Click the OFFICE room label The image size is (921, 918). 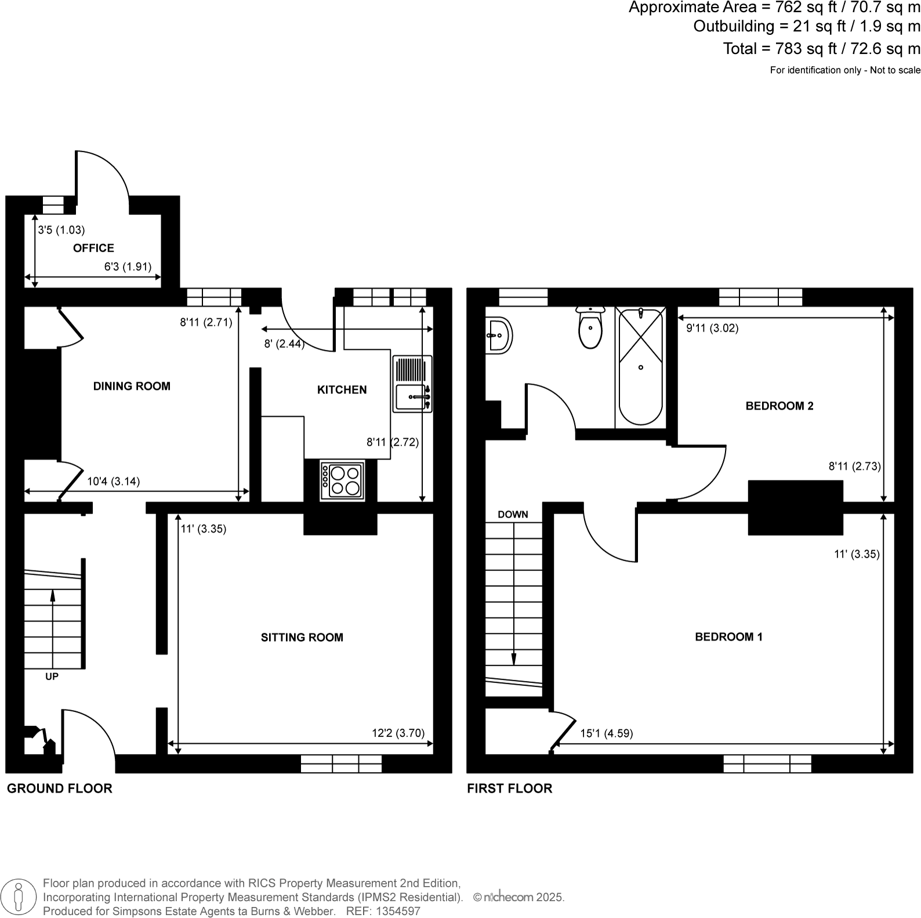(93, 248)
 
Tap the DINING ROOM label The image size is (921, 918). (132, 386)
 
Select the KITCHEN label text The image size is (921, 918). (342, 390)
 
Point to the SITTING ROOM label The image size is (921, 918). (302, 638)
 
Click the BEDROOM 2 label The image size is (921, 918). (779, 406)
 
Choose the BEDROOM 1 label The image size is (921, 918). (728, 637)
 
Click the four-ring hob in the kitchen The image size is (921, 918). (342, 480)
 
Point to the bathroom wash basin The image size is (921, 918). (498, 335)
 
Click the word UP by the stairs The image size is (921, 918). (52, 677)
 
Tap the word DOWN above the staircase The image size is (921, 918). (513, 515)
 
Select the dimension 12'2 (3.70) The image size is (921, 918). (398, 733)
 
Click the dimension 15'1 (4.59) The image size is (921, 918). (606, 733)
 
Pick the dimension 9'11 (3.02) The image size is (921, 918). (712, 328)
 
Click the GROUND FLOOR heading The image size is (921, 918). (59, 789)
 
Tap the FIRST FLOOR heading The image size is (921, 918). (509, 789)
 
